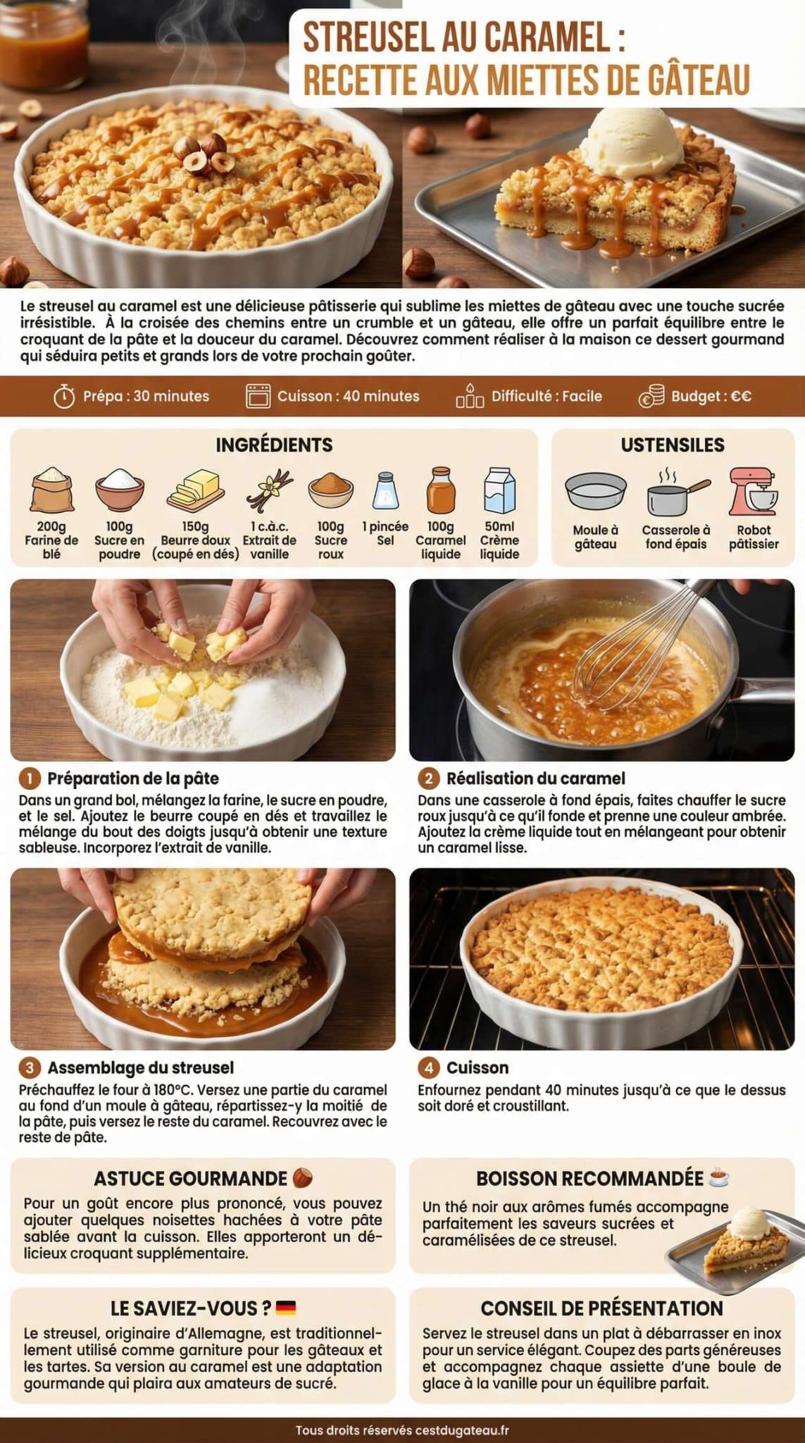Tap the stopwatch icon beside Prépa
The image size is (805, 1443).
(x=64, y=397)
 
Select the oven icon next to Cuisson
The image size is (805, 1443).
(x=258, y=396)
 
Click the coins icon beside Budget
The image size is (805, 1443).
(x=651, y=396)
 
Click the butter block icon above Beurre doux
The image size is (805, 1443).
(x=195, y=489)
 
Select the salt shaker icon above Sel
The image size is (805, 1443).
(x=385, y=490)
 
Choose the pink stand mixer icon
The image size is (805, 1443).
(x=753, y=492)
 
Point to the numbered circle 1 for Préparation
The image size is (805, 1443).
(x=30, y=779)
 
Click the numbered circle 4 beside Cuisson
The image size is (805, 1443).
(x=428, y=1067)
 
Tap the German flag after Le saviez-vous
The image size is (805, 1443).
(x=285, y=1308)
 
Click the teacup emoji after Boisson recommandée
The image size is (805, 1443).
(x=719, y=1178)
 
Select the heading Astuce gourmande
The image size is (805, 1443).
(x=191, y=1179)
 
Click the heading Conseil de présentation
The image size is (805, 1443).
(x=601, y=1308)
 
